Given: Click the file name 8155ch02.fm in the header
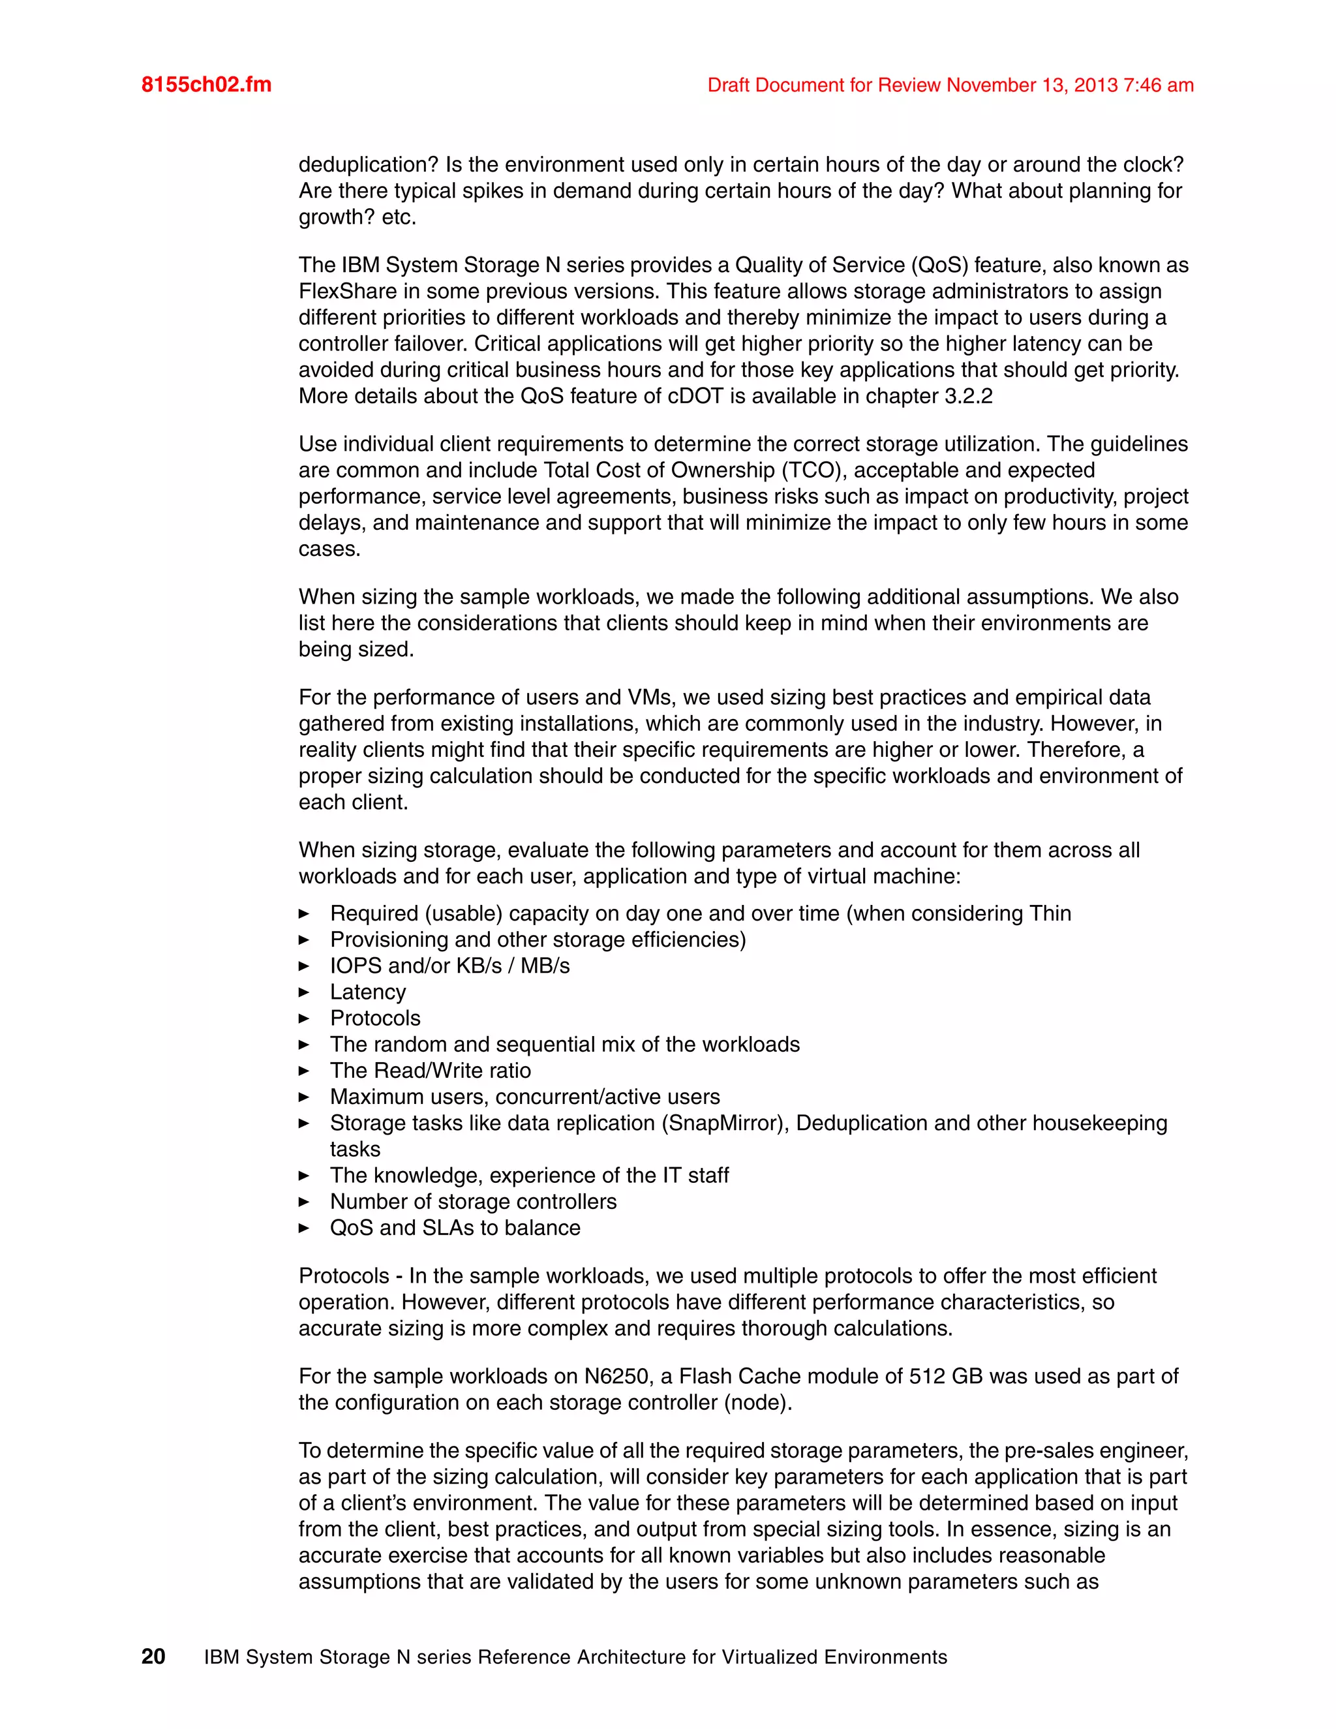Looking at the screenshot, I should tap(207, 85).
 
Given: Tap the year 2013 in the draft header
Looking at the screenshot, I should tap(1096, 85).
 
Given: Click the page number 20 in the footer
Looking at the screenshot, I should tap(153, 1657).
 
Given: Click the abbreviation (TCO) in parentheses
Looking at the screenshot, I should tap(815, 470).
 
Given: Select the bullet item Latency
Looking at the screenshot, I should tap(367, 992).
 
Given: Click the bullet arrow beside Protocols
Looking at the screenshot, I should tap(304, 1019).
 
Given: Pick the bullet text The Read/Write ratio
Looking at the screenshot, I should tap(430, 1070).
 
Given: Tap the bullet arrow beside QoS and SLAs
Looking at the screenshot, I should tap(304, 1229).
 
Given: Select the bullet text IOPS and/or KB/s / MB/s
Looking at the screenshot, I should tap(449, 966).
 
